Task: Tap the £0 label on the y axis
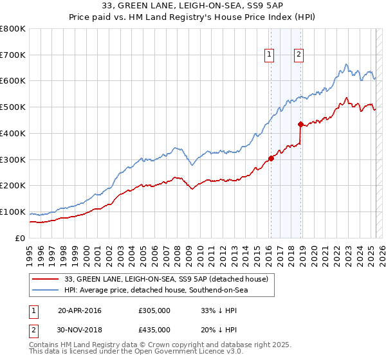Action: [x=21, y=238]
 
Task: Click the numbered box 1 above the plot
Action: [x=268, y=55]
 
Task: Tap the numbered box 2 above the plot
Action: [x=299, y=55]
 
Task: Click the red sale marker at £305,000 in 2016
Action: [x=271, y=158]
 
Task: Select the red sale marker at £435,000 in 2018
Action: [x=301, y=124]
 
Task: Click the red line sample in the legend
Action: [x=46, y=278]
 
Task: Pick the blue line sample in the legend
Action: [x=46, y=291]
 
